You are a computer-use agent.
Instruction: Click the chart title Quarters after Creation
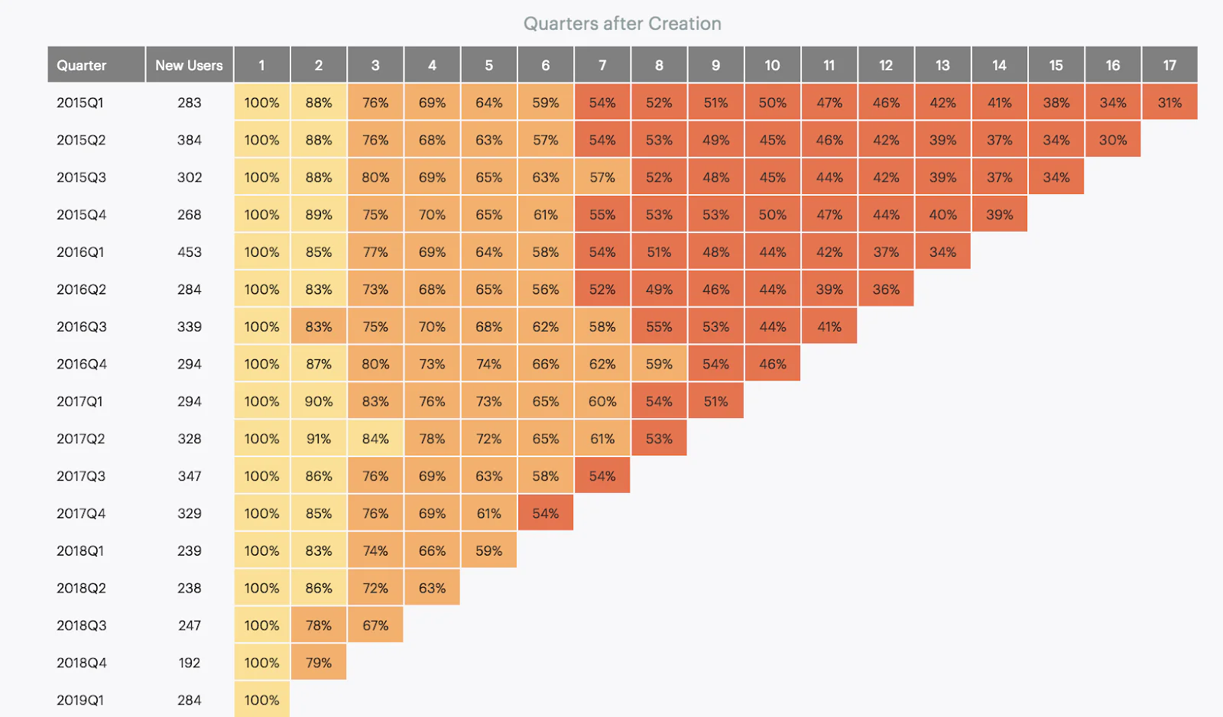point(622,24)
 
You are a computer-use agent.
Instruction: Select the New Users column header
point(189,65)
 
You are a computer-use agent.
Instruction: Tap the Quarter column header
point(82,65)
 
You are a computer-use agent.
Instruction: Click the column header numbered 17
point(1169,65)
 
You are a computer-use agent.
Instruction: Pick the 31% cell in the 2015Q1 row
point(1169,102)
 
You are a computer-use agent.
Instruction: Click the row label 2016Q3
point(82,326)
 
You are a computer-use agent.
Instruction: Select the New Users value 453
point(189,251)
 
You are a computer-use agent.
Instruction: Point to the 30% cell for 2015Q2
point(1113,140)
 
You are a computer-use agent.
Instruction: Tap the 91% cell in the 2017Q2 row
point(319,439)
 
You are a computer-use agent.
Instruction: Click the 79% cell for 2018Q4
point(319,663)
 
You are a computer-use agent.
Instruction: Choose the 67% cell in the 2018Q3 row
point(375,625)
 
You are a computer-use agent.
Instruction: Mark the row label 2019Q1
point(80,699)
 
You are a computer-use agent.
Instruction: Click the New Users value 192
point(189,663)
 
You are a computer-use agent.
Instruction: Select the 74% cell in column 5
point(489,364)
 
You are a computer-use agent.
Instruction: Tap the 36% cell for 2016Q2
point(886,289)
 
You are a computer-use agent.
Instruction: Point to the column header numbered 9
point(715,65)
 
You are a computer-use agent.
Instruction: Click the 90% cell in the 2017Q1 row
point(319,401)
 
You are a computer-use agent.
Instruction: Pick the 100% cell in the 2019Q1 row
point(261,699)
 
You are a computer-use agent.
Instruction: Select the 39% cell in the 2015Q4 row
point(999,215)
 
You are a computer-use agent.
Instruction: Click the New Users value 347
point(189,476)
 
